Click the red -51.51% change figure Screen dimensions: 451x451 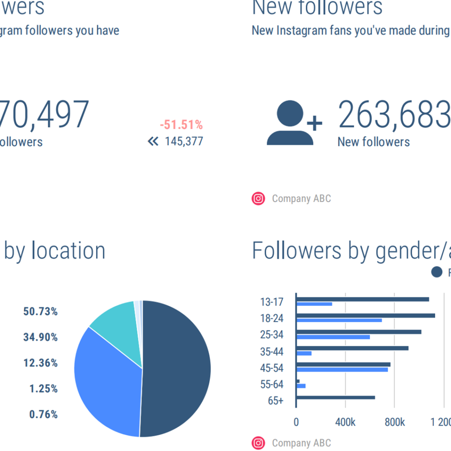tap(181, 125)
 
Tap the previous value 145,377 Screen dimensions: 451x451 tap(184, 141)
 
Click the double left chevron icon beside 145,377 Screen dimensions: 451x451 tap(153, 141)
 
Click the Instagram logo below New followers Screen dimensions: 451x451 tap(259, 199)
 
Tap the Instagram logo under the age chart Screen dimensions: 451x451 tap(259, 443)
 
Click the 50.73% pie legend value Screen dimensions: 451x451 tap(41, 312)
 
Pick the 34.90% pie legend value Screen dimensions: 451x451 tap(41, 337)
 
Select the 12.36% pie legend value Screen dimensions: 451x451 tap(41, 363)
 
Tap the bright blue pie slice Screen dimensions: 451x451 tap(106, 383)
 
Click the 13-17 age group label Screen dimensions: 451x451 tap(272, 302)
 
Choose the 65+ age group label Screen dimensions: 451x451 tap(275, 401)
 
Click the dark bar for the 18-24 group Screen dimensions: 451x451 tap(366, 315)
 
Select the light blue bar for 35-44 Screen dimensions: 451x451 tap(304, 353)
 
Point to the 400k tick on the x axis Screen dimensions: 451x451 tap(345, 422)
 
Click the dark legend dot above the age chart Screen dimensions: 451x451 tap(436, 272)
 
